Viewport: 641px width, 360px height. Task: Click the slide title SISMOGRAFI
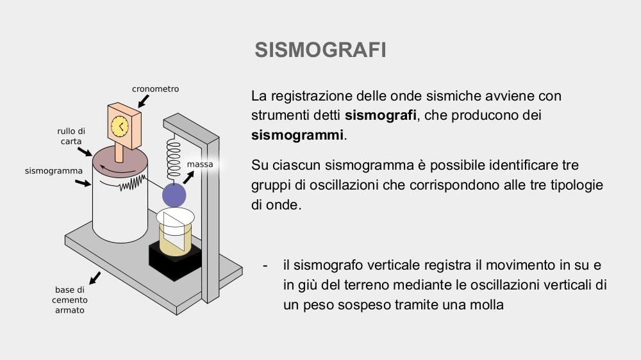pyautogui.click(x=320, y=50)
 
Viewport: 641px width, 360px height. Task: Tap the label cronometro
pyautogui.click(x=155, y=88)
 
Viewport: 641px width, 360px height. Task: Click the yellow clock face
pyautogui.click(x=121, y=126)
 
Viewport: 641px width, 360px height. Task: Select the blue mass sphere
pyautogui.click(x=174, y=195)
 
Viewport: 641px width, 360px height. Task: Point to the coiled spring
pyautogui.click(x=173, y=160)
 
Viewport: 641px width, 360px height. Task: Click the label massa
pyautogui.click(x=200, y=164)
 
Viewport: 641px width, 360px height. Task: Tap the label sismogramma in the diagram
pyautogui.click(x=54, y=171)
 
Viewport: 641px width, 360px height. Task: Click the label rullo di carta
pyautogui.click(x=71, y=136)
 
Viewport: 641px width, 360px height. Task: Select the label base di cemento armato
pyautogui.click(x=70, y=300)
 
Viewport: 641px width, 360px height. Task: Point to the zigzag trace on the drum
pyautogui.click(x=132, y=183)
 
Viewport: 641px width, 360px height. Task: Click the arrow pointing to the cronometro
pyautogui.click(x=144, y=101)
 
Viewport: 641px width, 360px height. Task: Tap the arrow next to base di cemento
pyautogui.click(x=94, y=278)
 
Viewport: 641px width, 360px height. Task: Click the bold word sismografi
pyautogui.click(x=380, y=115)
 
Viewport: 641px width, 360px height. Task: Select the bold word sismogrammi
pyautogui.click(x=297, y=135)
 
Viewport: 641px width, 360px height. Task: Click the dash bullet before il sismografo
pyautogui.click(x=265, y=265)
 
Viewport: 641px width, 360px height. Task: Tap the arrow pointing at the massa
pyautogui.click(x=188, y=177)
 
